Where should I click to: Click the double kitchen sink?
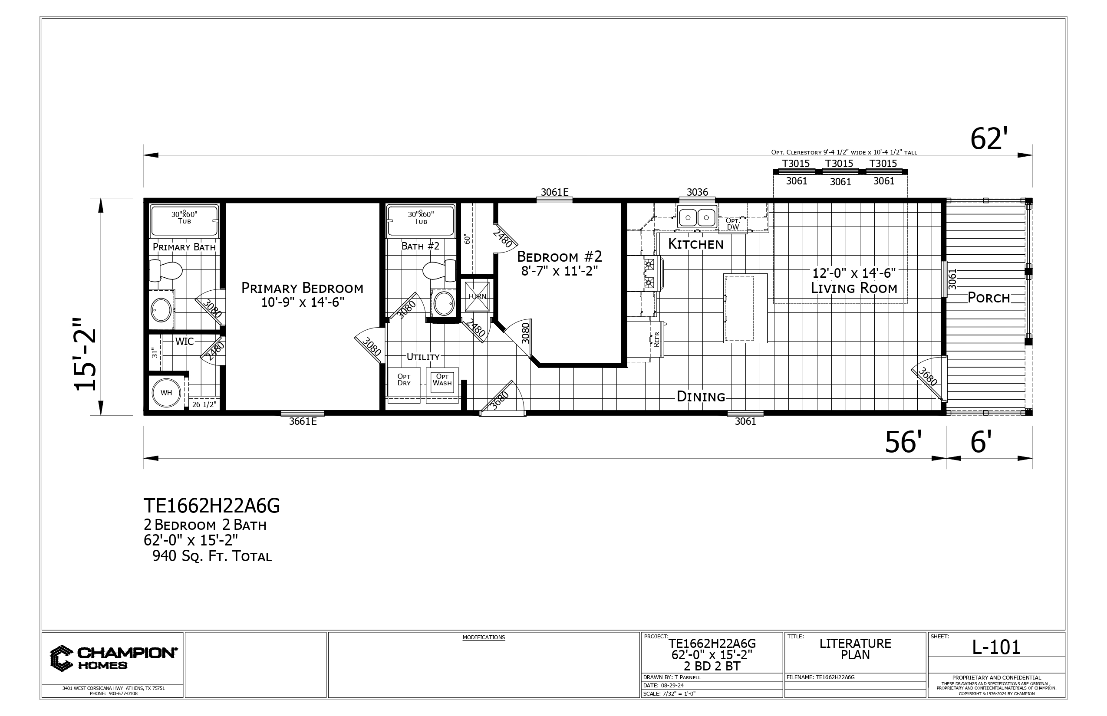(697, 217)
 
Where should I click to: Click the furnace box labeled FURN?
(477, 296)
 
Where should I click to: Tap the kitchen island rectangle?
(745, 308)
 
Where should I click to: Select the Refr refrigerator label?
(657, 339)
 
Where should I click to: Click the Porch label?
(989, 298)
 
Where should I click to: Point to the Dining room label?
(701, 397)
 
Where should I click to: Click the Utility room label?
(423, 357)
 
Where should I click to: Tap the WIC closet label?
(184, 342)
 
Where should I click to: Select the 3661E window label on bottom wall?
(303, 422)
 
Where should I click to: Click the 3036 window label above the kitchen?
(697, 192)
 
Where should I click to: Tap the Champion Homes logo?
(113, 658)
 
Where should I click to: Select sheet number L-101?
(996, 647)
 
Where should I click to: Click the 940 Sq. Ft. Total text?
(212, 556)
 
